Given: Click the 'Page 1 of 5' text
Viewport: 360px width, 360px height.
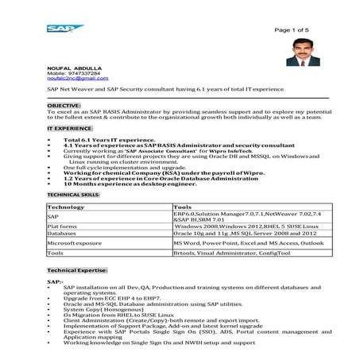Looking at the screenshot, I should pos(292,29).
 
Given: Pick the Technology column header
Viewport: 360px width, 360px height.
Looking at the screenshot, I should pos(66,207).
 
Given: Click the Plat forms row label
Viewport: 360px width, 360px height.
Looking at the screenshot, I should pos(62,226).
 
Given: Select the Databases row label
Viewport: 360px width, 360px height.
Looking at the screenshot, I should pos(61,234).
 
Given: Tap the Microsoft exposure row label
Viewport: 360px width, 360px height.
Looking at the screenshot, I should pos(74,243).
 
